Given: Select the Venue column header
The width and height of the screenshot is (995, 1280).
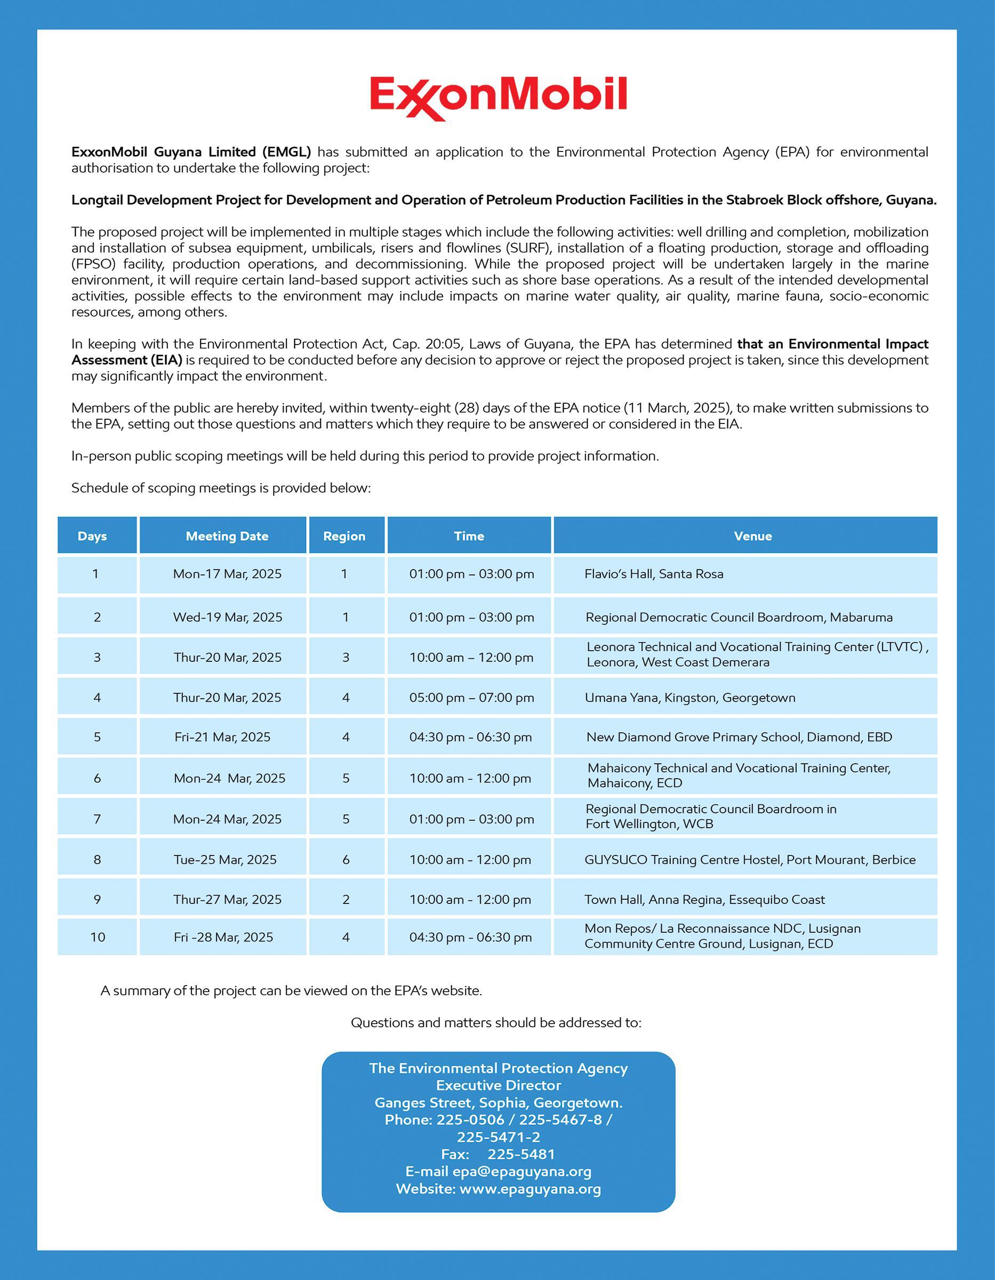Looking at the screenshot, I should pyautogui.click(x=752, y=535).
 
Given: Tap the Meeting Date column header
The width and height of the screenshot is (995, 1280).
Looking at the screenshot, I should pyautogui.click(x=227, y=535).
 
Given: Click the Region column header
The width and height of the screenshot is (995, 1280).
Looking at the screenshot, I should pyautogui.click(x=344, y=535).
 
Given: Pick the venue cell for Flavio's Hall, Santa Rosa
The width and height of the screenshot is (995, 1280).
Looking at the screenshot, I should pyautogui.click(x=653, y=574).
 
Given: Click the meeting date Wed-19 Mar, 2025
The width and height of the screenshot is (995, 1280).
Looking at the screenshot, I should pyautogui.click(x=227, y=617).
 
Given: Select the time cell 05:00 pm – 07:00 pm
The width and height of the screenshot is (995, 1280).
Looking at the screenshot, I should pyautogui.click(x=471, y=698).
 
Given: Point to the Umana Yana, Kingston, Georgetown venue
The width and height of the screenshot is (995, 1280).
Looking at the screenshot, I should pyautogui.click(x=689, y=698).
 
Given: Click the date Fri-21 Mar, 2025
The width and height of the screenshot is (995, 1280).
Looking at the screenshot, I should pyautogui.click(x=223, y=737).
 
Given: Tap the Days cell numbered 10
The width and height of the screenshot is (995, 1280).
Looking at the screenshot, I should pyautogui.click(x=97, y=937).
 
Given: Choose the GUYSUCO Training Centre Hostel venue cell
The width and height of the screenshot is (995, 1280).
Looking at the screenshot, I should pyautogui.click(x=750, y=860).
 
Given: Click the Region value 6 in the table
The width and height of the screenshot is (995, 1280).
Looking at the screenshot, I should pyautogui.click(x=346, y=860).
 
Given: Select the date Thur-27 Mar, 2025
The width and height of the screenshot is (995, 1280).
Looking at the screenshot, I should pyautogui.click(x=227, y=900).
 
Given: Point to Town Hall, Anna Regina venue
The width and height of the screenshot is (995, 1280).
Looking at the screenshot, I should pyautogui.click(x=704, y=900).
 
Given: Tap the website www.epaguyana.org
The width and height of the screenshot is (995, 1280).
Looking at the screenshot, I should pyautogui.click(x=529, y=1189).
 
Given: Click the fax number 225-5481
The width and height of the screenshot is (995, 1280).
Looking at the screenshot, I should pyautogui.click(x=521, y=1154).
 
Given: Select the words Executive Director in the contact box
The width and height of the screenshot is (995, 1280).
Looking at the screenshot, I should pyautogui.click(x=498, y=1085).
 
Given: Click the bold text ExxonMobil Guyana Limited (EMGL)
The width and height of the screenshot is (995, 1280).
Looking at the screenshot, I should pyautogui.click(x=191, y=152).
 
